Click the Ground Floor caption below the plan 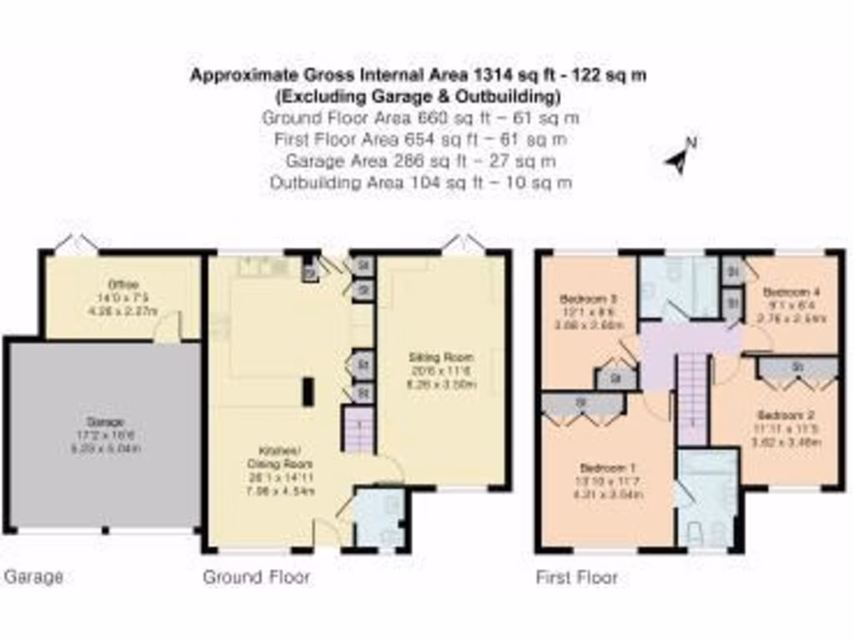point(257,577)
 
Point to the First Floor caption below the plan point(576,577)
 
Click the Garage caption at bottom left point(34,577)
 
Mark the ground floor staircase point(359,430)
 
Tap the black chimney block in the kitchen point(308,391)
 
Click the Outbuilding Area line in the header point(421,183)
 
